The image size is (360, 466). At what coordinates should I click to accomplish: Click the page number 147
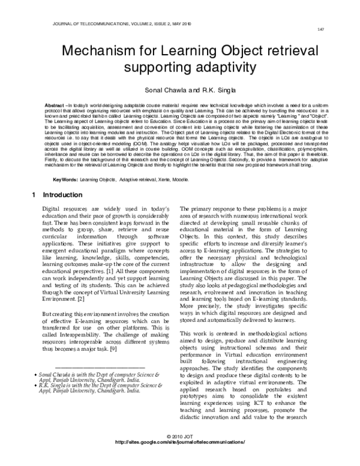322,28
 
